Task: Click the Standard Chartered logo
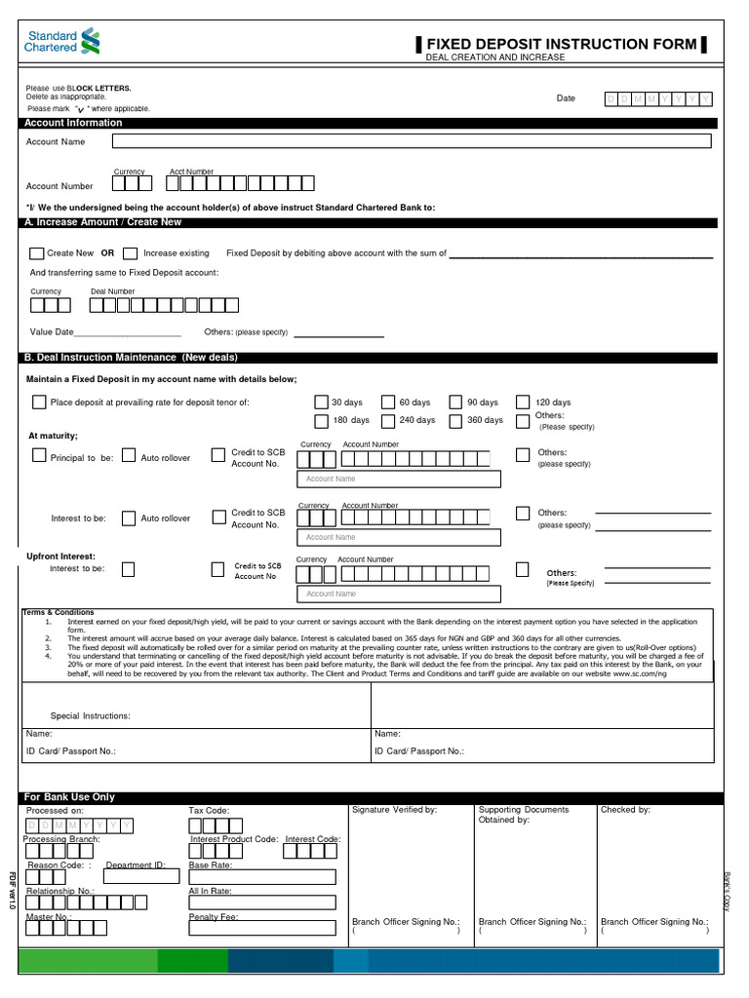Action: [x=61, y=41]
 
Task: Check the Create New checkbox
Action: [x=37, y=253]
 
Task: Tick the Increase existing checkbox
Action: [x=132, y=253]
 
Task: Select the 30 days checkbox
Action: [x=321, y=402]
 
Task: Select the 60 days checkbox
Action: [x=388, y=402]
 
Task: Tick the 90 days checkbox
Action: [x=455, y=402]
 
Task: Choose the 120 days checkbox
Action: [x=523, y=402]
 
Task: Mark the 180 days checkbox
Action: [x=321, y=421]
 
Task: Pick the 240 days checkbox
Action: [x=388, y=421]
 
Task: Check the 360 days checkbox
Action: [x=455, y=421]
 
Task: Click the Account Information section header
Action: [x=74, y=123]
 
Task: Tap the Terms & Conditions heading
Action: [x=59, y=612]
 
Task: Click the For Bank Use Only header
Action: [x=69, y=797]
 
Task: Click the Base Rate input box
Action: [x=261, y=876]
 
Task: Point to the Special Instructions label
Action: [x=90, y=715]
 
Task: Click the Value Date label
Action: [x=52, y=332]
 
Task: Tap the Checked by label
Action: [x=625, y=810]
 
